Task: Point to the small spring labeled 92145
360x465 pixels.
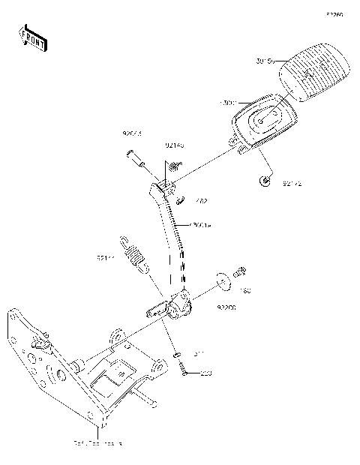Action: click(x=174, y=164)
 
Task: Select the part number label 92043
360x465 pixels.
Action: click(x=133, y=133)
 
